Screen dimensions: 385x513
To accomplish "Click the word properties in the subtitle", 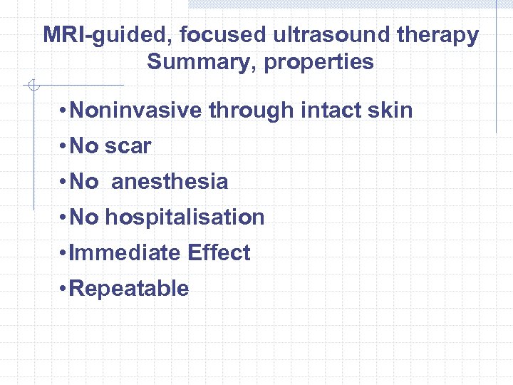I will (318, 62).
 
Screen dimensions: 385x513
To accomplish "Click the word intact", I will (334, 111).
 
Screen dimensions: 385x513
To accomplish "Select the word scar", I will (128, 146).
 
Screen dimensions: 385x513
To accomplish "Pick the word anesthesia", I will (170, 182).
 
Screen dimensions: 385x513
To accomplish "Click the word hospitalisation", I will (185, 217).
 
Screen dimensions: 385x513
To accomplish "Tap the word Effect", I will (219, 253).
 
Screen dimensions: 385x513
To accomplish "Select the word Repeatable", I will (129, 289).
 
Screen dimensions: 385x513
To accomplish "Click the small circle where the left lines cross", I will (31, 86).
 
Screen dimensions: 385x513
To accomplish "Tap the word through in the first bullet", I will (249, 111).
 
